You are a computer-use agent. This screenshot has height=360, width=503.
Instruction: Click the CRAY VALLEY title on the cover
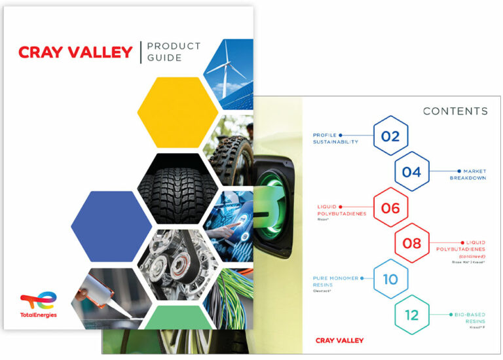point(75,52)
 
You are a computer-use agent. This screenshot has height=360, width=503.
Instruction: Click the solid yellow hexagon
point(177,113)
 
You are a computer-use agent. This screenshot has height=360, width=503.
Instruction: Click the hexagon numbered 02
point(390,137)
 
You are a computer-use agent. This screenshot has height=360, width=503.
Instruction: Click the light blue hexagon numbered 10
point(390,279)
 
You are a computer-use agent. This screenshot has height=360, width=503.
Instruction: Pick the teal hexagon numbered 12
point(411,315)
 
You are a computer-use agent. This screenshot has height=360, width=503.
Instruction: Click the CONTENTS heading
point(455,111)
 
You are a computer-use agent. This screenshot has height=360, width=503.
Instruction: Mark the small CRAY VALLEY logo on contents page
point(339,340)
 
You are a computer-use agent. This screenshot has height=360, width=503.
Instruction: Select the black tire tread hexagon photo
point(177,179)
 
